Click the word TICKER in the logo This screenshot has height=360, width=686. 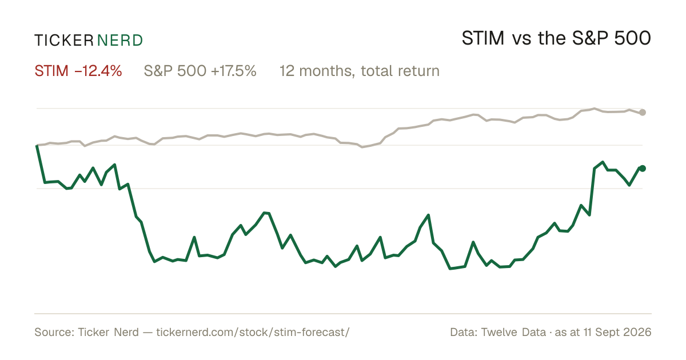(63, 41)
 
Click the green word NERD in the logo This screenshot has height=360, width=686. (119, 41)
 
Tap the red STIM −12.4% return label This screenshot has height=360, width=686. (78, 71)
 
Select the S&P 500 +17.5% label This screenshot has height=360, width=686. (200, 71)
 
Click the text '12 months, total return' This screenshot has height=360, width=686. (360, 71)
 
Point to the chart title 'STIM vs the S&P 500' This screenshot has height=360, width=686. (556, 38)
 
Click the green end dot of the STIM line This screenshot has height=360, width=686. (643, 169)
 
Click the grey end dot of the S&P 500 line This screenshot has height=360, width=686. (643, 113)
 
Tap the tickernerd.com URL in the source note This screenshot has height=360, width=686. (253, 332)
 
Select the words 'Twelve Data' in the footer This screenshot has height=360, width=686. (513, 332)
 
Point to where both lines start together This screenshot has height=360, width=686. (37, 145)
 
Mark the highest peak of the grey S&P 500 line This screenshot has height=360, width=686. (594, 109)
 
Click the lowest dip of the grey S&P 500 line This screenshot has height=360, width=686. (362, 147)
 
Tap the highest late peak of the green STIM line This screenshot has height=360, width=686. (603, 162)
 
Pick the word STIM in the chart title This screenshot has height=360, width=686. (483, 38)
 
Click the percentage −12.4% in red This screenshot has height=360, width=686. (98, 71)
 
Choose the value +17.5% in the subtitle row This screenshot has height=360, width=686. (234, 71)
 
